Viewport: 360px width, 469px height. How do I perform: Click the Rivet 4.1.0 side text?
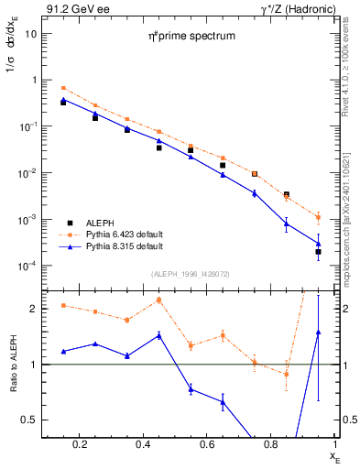344,64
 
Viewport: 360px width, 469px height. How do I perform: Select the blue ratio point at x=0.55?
191,389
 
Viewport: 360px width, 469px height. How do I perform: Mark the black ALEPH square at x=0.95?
318,251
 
